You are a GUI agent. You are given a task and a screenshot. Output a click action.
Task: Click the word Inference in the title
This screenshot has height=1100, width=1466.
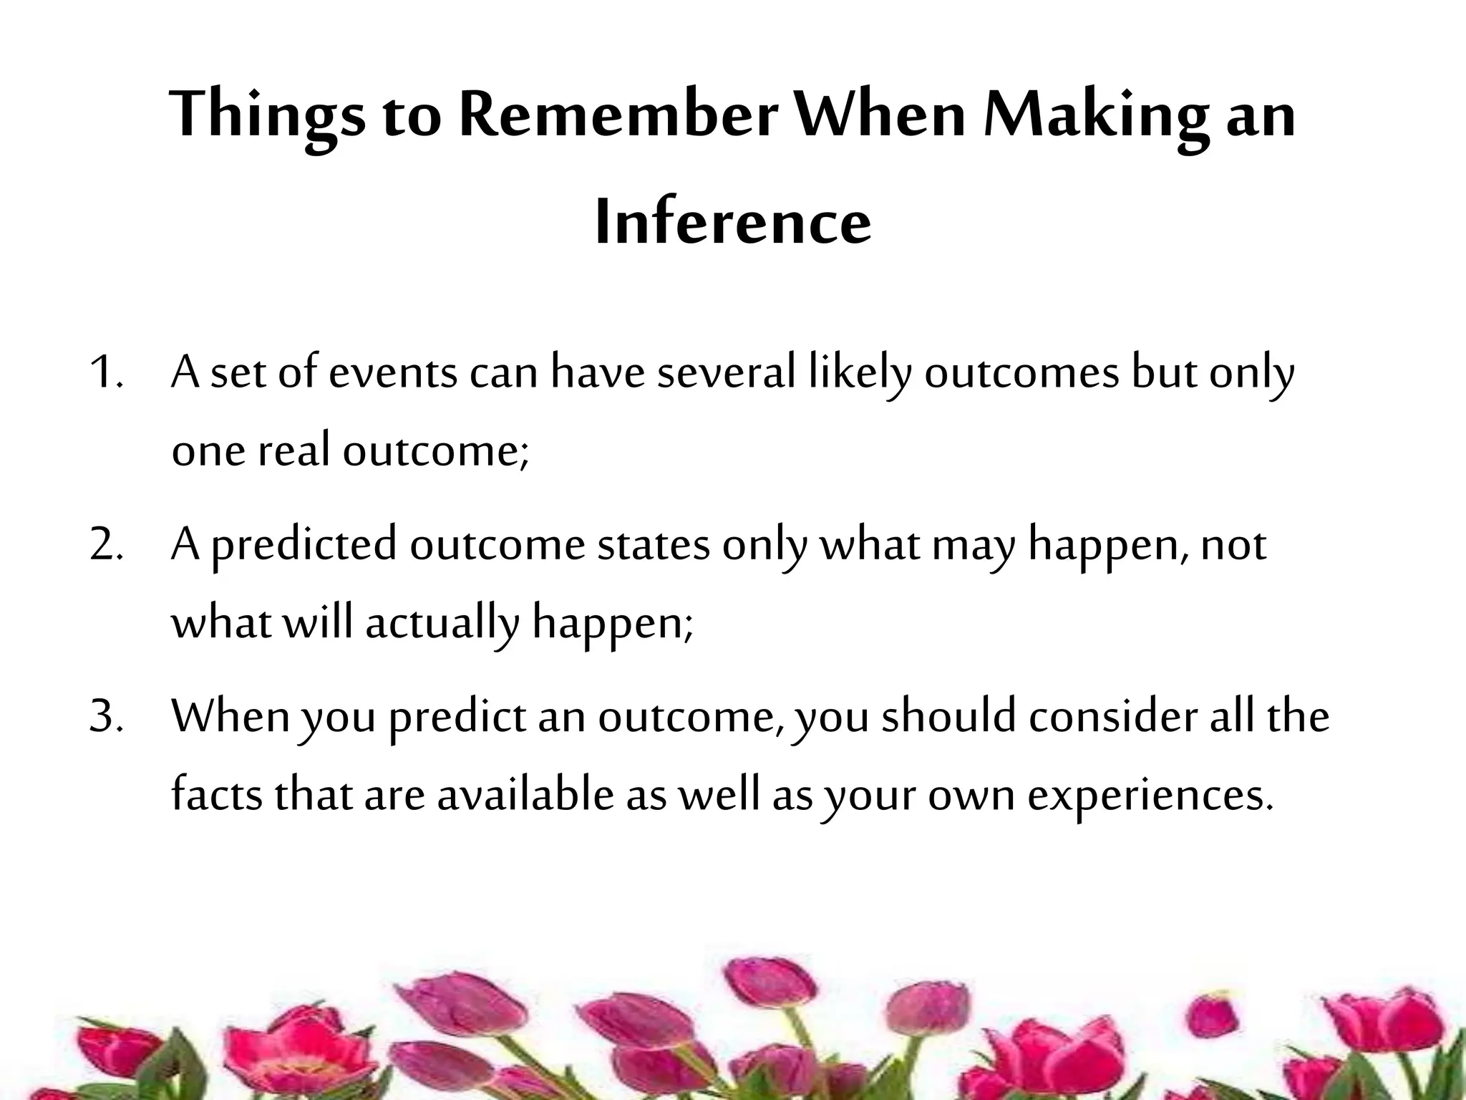[x=733, y=223]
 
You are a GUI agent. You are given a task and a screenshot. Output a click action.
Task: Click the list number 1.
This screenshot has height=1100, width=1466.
[x=107, y=373]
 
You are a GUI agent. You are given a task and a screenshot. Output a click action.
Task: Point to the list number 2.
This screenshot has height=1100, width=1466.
[x=107, y=545]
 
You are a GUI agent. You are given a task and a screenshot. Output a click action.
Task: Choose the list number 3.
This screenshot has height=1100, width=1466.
[x=107, y=717]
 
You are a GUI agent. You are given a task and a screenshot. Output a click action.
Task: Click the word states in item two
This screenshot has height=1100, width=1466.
[x=653, y=545]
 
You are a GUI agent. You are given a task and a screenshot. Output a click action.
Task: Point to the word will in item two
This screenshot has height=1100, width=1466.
[x=317, y=622]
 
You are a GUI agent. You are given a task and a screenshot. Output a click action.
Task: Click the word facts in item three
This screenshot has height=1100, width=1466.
[x=217, y=794]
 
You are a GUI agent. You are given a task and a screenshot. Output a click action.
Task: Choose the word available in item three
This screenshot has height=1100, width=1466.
[x=525, y=794]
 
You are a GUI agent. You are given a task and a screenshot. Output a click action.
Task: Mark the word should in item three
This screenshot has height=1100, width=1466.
[x=948, y=717]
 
